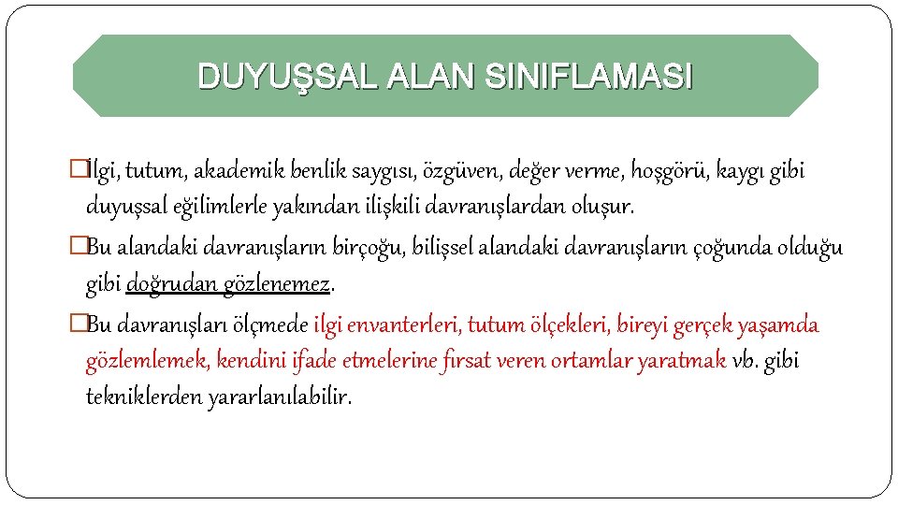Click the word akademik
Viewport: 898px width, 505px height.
click(x=249, y=171)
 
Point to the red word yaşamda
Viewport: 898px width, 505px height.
click(x=778, y=325)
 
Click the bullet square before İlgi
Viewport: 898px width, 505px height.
click(x=78, y=171)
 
